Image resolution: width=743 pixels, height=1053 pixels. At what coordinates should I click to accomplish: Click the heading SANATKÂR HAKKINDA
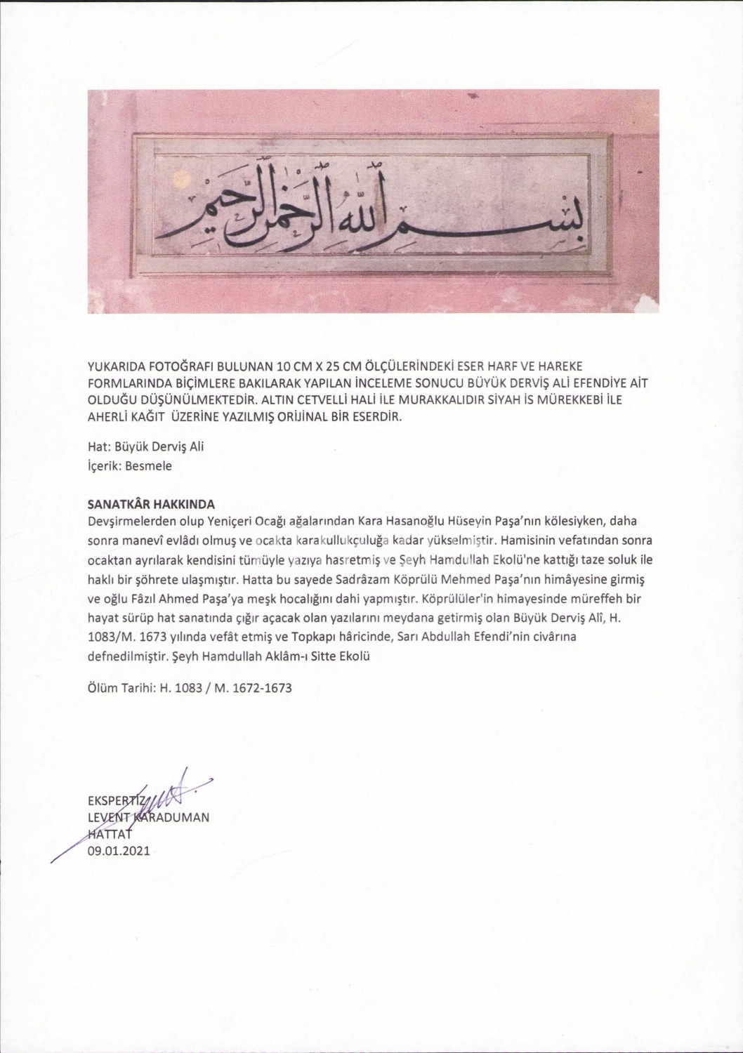coord(151,504)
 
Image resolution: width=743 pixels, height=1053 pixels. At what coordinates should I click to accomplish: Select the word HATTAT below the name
coord(109,834)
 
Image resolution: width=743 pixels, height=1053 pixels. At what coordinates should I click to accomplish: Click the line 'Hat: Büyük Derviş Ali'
coord(145,446)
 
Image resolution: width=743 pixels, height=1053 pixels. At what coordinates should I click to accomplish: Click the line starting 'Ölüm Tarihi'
coord(189,688)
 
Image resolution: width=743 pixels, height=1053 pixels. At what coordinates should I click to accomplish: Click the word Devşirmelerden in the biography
coord(128,522)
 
